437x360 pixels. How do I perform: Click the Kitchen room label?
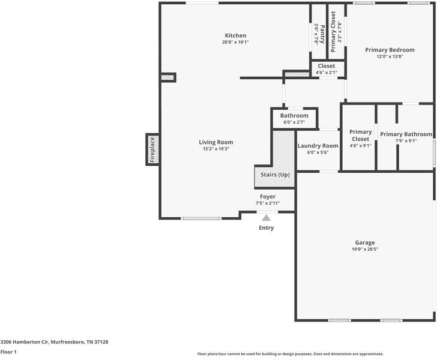pos(235,35)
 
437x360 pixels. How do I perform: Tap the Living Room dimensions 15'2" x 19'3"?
pos(216,149)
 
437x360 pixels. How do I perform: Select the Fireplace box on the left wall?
pos(152,149)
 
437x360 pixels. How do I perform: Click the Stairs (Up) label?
pos(274,175)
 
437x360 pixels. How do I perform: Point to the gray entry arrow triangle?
pos(266,218)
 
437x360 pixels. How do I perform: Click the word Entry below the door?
pos(266,228)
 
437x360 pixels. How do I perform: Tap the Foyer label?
pos(268,197)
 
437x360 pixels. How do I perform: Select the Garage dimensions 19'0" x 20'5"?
pos(365,249)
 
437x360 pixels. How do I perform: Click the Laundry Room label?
pos(318,146)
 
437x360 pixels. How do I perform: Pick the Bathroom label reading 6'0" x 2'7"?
pos(294,116)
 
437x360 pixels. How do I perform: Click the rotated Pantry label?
pos(321,34)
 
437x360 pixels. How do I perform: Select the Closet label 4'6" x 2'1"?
pos(327,66)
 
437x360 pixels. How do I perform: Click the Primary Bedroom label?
pos(390,50)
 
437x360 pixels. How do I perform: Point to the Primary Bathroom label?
pos(406,134)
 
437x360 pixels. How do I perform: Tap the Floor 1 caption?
pos(8,352)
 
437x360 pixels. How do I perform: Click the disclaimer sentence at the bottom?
pos(290,354)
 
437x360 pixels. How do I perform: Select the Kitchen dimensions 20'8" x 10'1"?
pos(235,42)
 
